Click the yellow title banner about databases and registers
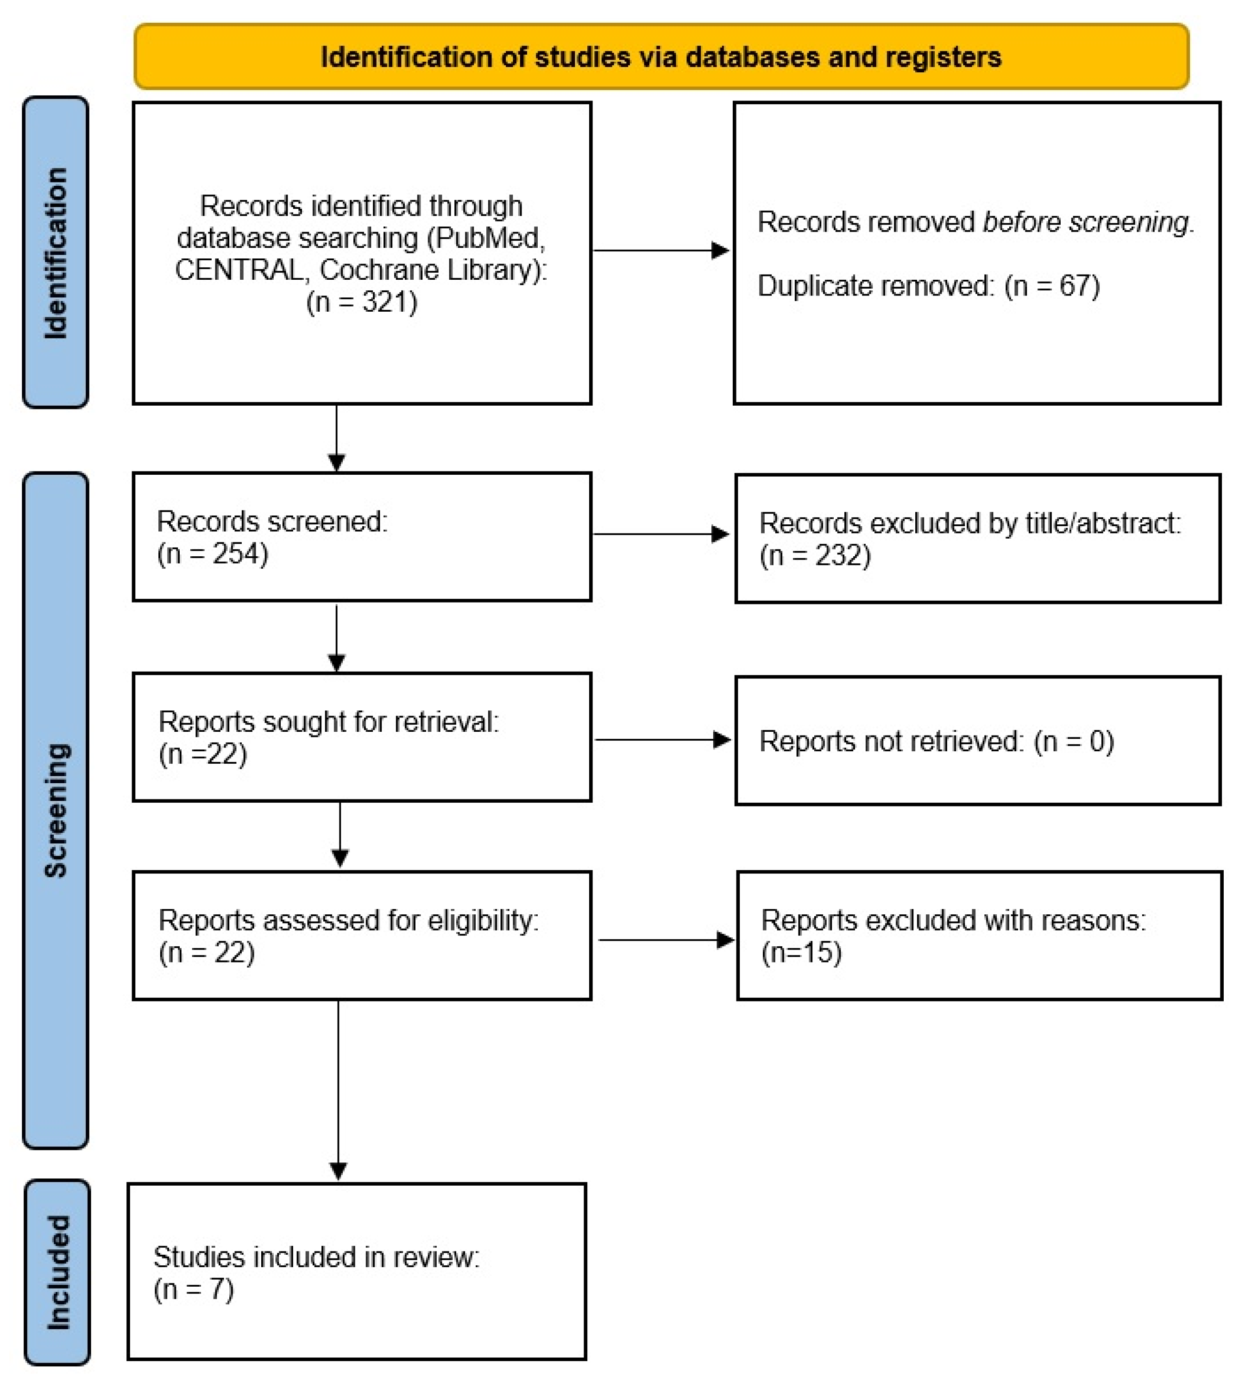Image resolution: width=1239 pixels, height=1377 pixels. [x=660, y=57]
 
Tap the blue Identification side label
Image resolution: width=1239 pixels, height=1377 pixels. [x=56, y=252]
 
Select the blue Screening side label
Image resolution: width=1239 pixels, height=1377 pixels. [x=56, y=810]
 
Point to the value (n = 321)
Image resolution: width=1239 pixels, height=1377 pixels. [x=361, y=302]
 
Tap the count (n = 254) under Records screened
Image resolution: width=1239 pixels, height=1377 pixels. [x=213, y=553]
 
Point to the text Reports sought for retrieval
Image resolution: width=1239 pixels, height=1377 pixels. [x=328, y=722]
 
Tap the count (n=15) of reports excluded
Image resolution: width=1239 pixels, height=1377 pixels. [x=801, y=952]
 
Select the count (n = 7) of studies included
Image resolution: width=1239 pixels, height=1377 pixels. [x=194, y=1289]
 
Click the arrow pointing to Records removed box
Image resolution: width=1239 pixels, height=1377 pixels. [x=660, y=251]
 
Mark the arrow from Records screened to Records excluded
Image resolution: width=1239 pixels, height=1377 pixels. [x=660, y=534]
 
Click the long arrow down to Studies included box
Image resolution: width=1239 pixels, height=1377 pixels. [x=338, y=1089]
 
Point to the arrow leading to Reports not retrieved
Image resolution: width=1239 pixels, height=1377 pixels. [x=662, y=739]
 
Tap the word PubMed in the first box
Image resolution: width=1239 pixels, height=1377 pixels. [x=489, y=238]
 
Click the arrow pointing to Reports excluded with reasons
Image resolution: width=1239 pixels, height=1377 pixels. [x=666, y=940]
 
